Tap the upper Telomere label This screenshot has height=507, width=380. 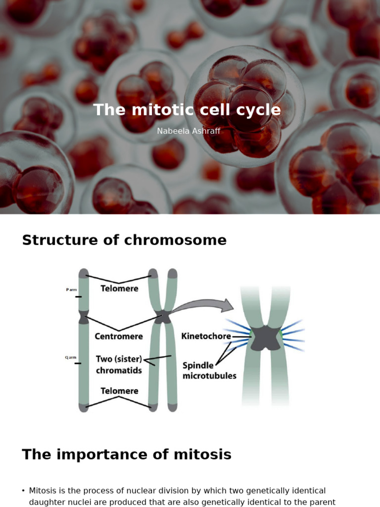click(119, 288)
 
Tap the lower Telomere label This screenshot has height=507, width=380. click(119, 391)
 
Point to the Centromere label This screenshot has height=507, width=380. click(119, 336)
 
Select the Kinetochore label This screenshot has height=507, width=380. click(206, 336)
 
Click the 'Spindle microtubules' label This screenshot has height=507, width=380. click(209, 370)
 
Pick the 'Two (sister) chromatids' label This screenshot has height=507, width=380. click(119, 364)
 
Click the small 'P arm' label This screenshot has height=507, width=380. click(71, 290)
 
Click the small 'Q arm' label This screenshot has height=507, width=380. click(71, 357)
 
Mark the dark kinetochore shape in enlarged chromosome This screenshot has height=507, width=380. click(264, 338)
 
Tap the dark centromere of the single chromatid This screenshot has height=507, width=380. click(84, 316)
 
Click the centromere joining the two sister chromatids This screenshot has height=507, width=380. click(162, 316)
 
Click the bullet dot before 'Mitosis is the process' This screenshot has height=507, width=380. click(23, 491)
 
